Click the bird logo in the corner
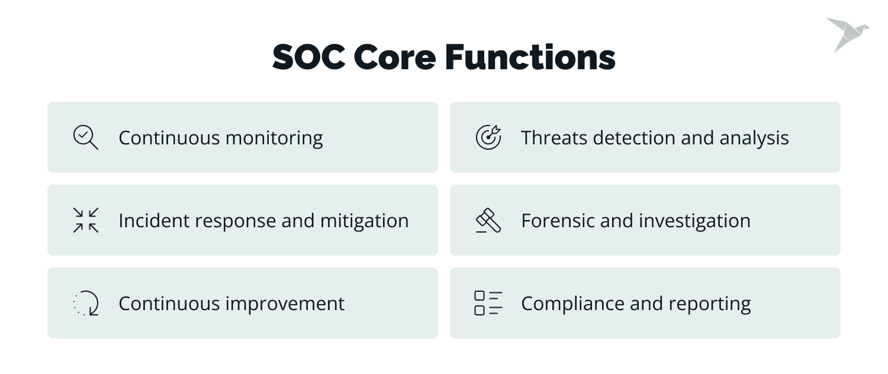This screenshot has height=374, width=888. (x=847, y=34)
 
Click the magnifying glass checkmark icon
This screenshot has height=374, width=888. (x=86, y=137)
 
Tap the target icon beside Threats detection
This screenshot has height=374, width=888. (x=488, y=137)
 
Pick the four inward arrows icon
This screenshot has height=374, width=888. (x=86, y=220)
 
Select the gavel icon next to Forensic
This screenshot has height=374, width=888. (x=488, y=220)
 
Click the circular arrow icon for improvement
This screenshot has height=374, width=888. (x=86, y=303)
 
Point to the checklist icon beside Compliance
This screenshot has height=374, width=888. (x=488, y=303)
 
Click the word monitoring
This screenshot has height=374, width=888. (x=275, y=138)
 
